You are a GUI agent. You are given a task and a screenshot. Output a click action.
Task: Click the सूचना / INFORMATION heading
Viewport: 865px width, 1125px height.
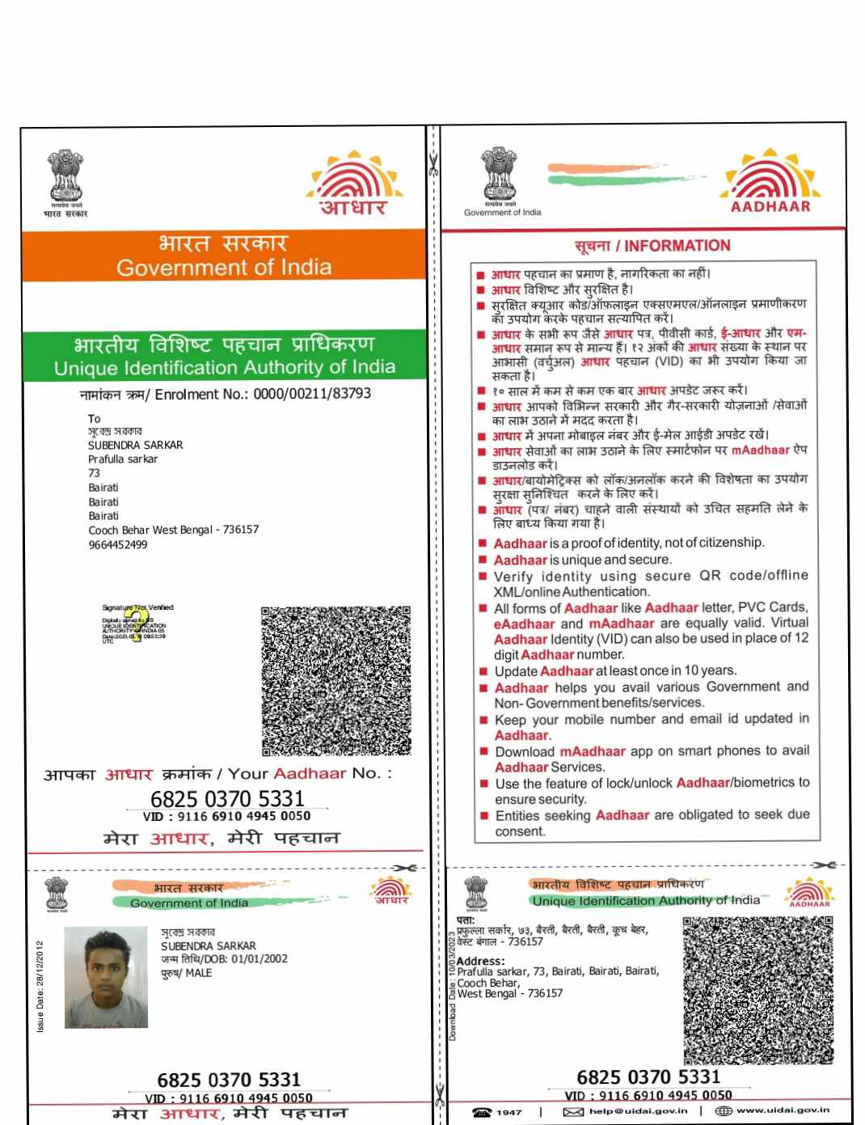coord(652,246)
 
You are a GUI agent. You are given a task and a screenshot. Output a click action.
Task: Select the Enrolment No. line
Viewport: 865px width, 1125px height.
coord(226,394)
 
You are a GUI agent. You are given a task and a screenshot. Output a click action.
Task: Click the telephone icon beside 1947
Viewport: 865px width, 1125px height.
coord(483,1112)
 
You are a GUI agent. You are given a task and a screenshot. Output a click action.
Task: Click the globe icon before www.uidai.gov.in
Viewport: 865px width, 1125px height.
coord(724,1111)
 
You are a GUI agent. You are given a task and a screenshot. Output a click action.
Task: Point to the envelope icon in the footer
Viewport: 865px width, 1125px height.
coord(573,1112)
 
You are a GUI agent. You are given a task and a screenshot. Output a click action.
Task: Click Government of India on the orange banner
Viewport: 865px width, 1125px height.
coord(224,267)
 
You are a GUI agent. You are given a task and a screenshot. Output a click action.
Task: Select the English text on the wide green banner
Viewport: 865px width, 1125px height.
coord(225,368)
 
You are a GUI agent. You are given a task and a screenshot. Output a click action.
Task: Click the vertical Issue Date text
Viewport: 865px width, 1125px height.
coord(40,986)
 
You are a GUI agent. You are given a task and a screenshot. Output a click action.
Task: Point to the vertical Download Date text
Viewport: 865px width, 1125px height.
coord(453,985)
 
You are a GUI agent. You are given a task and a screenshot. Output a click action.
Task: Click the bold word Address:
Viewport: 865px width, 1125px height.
coord(480,961)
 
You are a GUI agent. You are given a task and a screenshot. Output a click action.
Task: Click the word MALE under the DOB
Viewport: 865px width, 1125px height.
coord(199,973)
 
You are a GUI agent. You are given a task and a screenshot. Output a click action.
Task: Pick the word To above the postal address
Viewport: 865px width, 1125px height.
coord(95,418)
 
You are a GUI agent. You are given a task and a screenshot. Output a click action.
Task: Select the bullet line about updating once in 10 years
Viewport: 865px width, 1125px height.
coord(615,670)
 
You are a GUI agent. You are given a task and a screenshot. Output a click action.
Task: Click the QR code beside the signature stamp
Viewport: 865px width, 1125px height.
coord(335,680)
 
